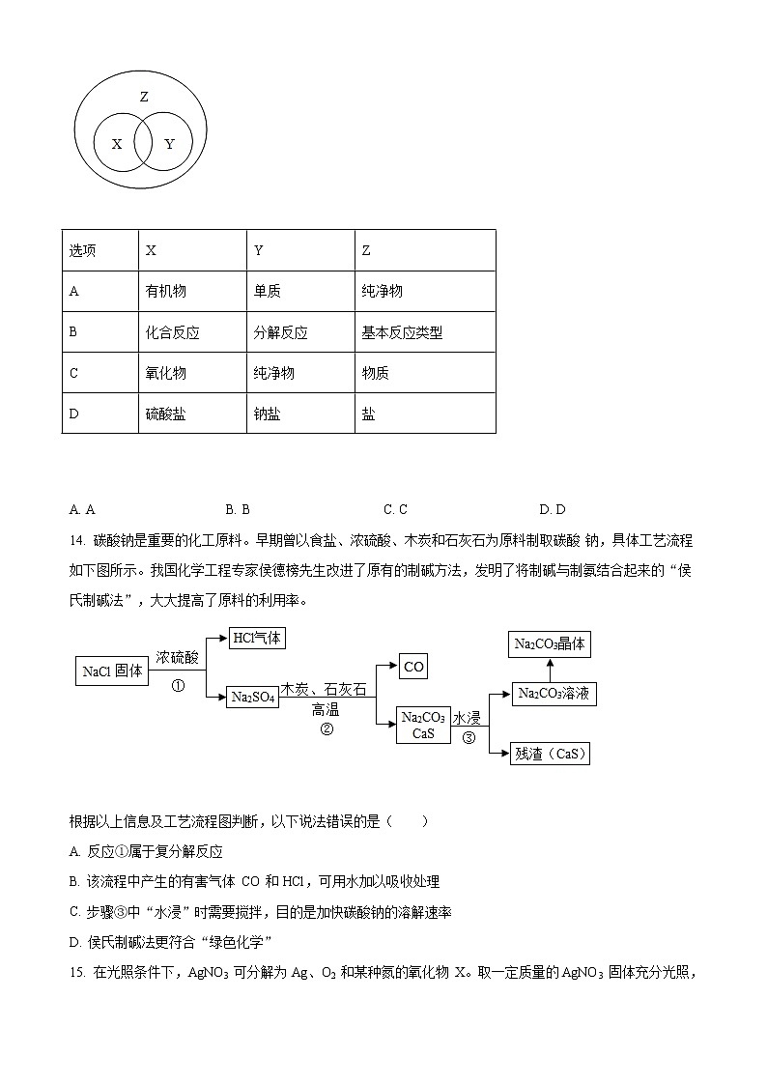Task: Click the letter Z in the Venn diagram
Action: pos(144,97)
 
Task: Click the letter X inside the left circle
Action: pos(117,144)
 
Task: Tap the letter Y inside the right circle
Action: pos(170,144)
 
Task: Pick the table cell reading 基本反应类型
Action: pos(402,332)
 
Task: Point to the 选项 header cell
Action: pos(83,250)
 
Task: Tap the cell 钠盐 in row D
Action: pos(268,414)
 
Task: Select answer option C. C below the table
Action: pos(395,509)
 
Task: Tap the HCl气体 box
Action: pos(258,638)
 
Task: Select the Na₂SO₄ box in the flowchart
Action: pos(253,698)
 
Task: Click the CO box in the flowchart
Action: pos(413,667)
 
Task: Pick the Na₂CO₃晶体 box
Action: pos(550,644)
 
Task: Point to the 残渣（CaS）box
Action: pos(550,754)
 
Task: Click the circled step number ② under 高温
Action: pos(327,729)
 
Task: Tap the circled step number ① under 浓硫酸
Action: pos(178,686)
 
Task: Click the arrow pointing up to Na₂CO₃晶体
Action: pos(550,670)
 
